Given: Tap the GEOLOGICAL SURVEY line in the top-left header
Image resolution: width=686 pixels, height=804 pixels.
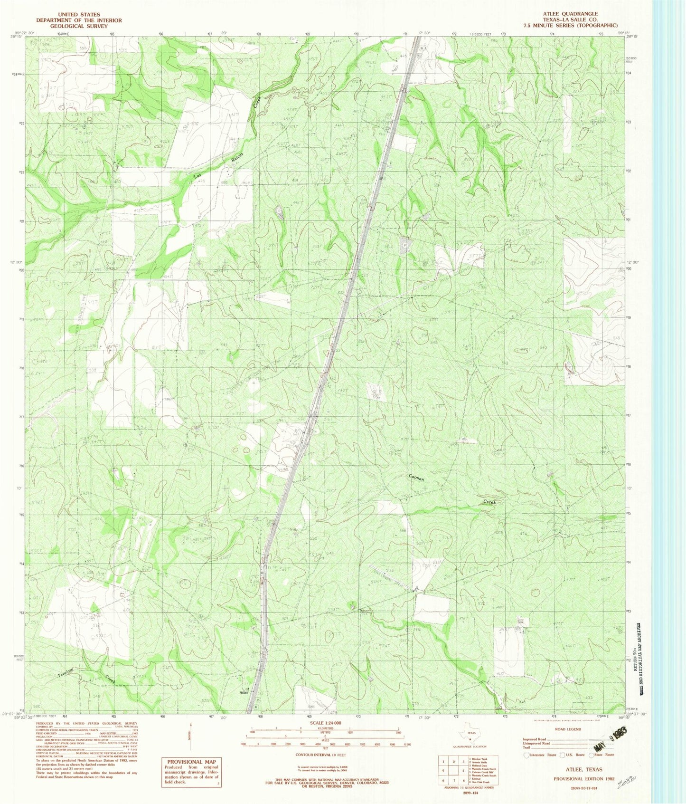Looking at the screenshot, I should tap(79, 26).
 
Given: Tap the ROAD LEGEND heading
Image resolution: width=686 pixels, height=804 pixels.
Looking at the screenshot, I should tap(568, 729).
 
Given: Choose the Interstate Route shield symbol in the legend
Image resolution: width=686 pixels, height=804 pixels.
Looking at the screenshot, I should tap(526, 755).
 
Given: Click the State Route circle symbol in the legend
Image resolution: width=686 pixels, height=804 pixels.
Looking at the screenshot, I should tap(592, 755).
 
